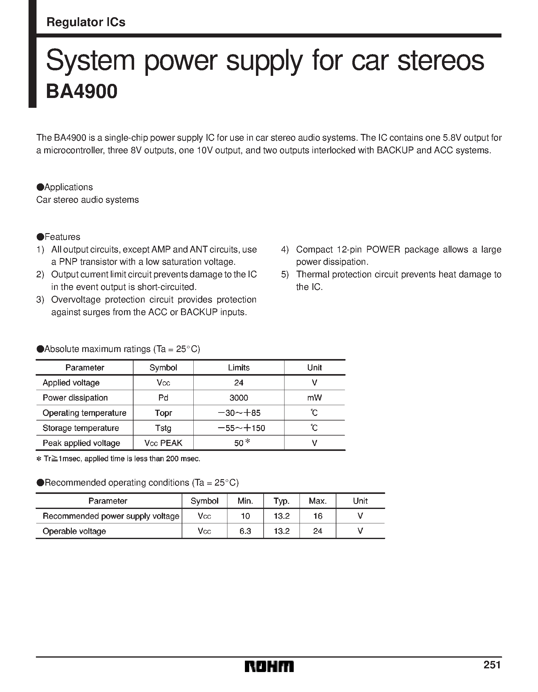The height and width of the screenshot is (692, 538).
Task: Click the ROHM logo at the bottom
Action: pos(269,667)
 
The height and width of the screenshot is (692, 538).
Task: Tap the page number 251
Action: pos(492,664)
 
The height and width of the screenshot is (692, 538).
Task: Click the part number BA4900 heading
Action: pos(82,92)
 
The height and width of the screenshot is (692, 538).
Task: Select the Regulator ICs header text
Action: pos(86,22)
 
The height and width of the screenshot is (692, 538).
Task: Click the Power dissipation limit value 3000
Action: pos(238,398)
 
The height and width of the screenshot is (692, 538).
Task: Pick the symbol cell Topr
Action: pos(163,413)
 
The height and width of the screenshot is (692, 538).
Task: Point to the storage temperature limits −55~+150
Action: pos(241,428)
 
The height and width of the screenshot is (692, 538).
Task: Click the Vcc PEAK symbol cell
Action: pos(163,443)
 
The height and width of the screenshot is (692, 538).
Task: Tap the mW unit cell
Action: pos(314,398)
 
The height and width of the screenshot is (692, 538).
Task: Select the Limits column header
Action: pos(238,368)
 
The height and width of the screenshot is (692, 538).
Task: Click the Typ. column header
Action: pos(281,501)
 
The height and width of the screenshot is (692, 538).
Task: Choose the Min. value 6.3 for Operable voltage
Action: pos(245,531)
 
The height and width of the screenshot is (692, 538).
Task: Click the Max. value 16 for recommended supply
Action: pos(317,516)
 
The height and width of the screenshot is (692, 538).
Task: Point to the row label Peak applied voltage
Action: pos(81,443)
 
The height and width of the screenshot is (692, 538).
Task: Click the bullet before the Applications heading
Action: pos(40,187)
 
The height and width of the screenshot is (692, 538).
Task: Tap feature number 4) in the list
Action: pos(285,250)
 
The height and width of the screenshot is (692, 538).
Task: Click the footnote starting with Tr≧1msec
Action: pos(118,459)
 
